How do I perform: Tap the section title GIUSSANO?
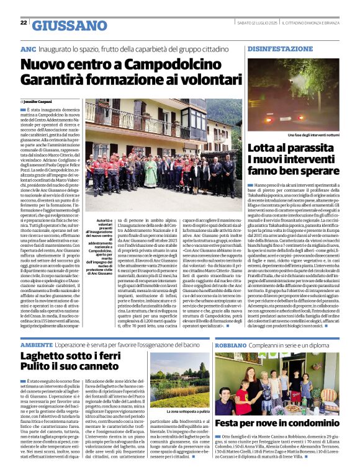point(70,25)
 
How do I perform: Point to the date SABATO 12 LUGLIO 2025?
point(256,23)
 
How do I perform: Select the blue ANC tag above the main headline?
point(28,48)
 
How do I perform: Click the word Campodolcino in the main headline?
point(162,64)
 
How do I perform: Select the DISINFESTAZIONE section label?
point(274,48)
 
